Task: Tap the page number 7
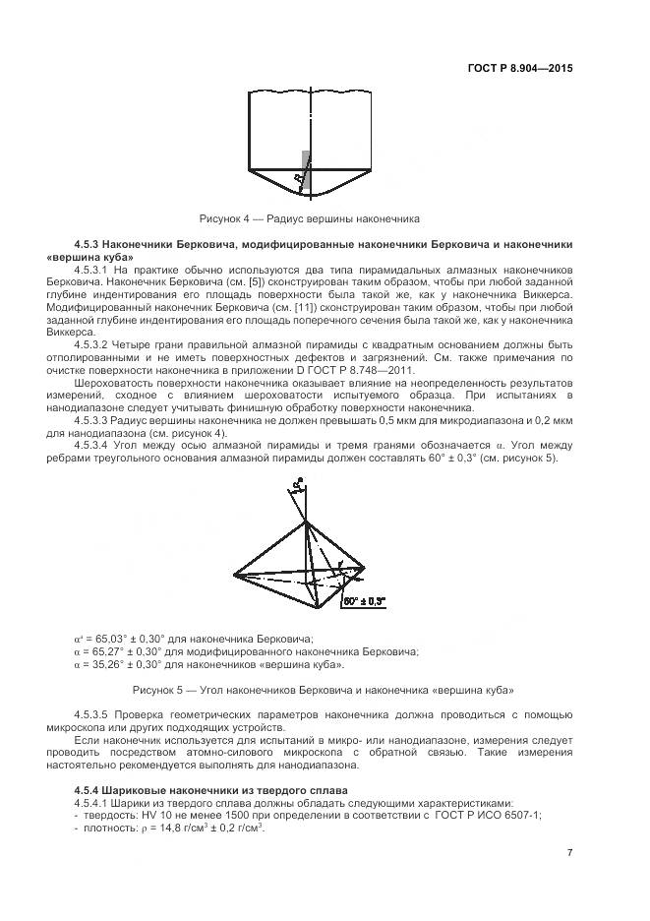(x=570, y=852)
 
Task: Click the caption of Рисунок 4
(x=310, y=218)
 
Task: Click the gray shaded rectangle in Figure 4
(x=306, y=169)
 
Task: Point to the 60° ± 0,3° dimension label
(x=364, y=599)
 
